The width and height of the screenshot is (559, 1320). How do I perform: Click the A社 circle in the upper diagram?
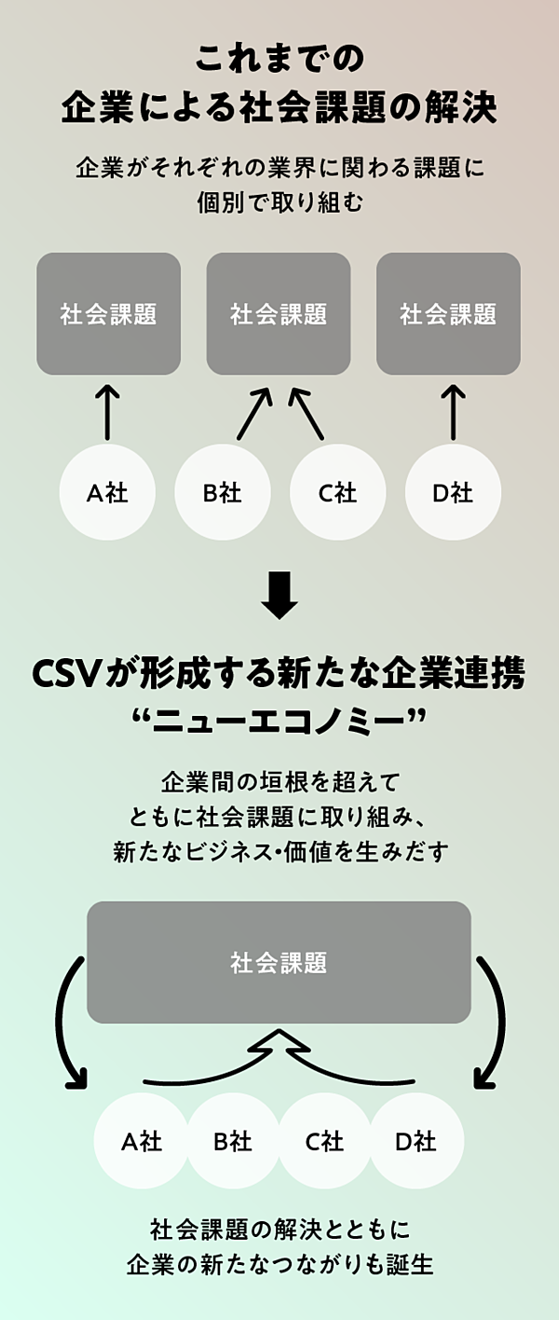point(107,492)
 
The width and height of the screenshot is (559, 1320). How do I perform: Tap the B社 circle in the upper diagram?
point(223,492)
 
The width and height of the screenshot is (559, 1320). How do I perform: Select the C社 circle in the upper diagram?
point(337,492)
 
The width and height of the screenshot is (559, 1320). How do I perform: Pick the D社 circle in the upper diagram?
point(453,492)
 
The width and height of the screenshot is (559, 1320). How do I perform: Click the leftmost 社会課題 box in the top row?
point(108,314)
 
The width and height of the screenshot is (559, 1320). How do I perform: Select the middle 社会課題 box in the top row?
point(279,314)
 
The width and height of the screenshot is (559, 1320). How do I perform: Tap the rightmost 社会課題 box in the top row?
point(448,314)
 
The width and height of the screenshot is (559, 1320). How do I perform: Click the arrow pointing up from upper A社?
point(108,411)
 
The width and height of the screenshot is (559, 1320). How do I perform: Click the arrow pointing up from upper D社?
point(453,411)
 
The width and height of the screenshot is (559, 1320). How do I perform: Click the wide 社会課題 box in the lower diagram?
point(279,962)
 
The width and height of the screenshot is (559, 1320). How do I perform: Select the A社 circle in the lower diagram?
point(142,1140)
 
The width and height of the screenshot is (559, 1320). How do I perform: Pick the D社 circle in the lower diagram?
point(416,1140)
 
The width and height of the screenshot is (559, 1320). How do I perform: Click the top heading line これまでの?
point(279,61)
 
